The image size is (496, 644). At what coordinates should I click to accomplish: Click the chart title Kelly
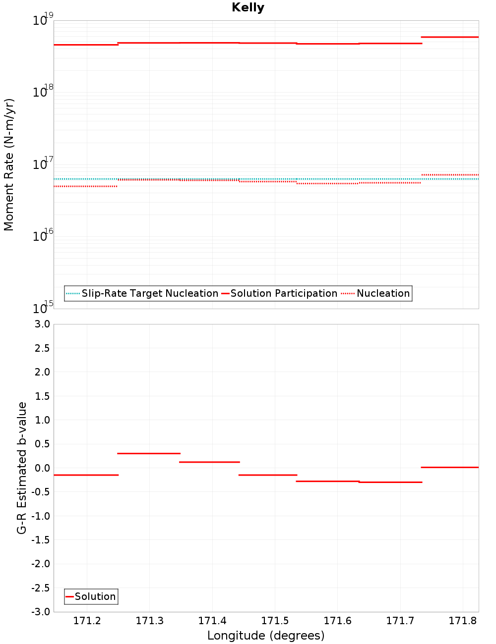point(248,7)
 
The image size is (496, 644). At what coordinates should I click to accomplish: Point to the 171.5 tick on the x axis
point(274,621)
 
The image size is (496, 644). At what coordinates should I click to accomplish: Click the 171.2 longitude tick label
point(87,621)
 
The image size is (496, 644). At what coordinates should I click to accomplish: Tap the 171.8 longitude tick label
point(462,621)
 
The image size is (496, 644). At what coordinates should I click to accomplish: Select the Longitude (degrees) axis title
point(266,636)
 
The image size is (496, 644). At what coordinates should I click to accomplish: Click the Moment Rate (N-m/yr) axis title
point(9,164)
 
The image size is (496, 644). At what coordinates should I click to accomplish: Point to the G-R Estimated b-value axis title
point(22,468)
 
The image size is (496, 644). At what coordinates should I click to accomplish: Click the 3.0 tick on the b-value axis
point(42,324)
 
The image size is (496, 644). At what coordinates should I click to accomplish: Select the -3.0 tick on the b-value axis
point(41,612)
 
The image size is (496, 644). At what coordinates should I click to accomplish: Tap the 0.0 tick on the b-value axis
point(42,468)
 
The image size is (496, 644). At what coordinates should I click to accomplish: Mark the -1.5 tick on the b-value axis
point(41,540)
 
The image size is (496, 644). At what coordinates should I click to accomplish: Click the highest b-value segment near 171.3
point(149,453)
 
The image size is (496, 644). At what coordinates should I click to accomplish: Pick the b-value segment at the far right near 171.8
point(449,467)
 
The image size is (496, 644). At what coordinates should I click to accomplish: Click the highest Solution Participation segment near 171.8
point(449,37)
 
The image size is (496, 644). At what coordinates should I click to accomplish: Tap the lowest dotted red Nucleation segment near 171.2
point(85,186)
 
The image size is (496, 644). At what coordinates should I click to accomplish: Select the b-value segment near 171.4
point(209,462)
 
